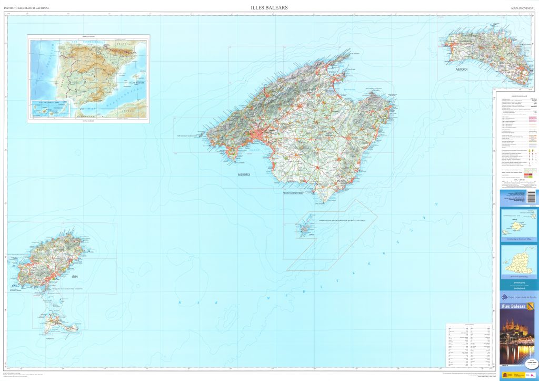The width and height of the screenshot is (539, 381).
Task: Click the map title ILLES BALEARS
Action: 269,7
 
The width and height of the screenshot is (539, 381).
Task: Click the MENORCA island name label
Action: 458,69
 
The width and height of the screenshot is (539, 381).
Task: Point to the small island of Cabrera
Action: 305,230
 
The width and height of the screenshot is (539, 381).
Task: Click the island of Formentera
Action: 57,321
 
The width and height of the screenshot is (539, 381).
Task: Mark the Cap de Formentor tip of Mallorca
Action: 350,52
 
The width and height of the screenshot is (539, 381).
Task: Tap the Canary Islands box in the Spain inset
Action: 49,109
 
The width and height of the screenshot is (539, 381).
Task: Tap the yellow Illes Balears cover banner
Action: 518,306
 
